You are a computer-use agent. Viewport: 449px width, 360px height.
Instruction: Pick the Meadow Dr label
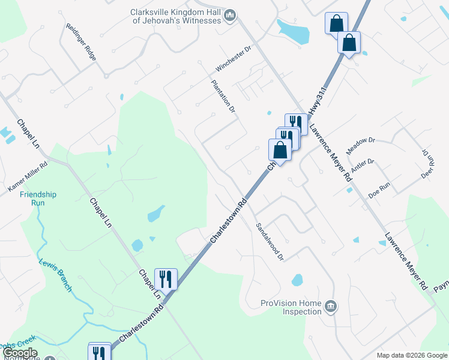tap(360, 145)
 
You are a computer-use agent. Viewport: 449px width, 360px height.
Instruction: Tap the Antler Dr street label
tap(363, 166)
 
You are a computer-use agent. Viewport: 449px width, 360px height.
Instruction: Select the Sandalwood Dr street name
tap(269, 241)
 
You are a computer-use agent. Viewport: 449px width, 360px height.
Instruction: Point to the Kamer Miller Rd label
tap(27, 179)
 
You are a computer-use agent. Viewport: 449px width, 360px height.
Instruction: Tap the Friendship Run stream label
tap(38, 198)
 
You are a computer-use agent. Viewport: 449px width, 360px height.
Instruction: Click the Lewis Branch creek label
tap(55, 275)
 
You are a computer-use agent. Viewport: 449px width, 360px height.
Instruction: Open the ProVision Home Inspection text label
tap(291, 307)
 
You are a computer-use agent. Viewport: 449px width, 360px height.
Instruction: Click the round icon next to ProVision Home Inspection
tap(331, 307)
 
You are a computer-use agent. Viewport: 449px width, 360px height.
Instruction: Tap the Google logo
tap(20, 353)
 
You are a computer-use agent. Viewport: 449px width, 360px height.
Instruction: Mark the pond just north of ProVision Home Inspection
tap(297, 280)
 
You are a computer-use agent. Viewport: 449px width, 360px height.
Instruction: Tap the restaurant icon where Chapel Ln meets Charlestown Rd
tap(166, 278)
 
